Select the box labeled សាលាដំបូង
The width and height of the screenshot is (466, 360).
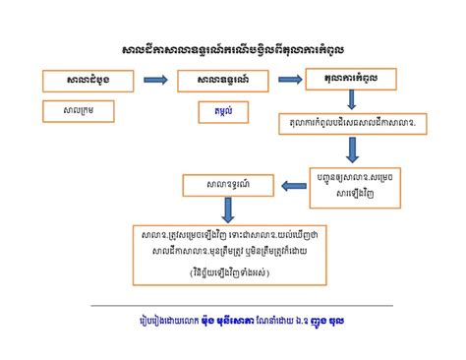click(79, 80)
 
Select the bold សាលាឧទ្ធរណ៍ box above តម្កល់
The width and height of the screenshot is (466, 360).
click(222, 81)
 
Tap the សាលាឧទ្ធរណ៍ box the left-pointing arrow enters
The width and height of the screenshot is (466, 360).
click(228, 184)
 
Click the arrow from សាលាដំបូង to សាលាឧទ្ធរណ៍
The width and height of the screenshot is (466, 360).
click(154, 80)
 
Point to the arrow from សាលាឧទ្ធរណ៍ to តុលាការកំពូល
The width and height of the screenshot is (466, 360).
click(290, 80)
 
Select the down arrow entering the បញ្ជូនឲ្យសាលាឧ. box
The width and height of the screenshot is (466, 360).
click(353, 151)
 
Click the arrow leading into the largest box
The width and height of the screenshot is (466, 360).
click(227, 209)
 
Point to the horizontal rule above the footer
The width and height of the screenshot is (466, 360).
click(233, 306)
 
